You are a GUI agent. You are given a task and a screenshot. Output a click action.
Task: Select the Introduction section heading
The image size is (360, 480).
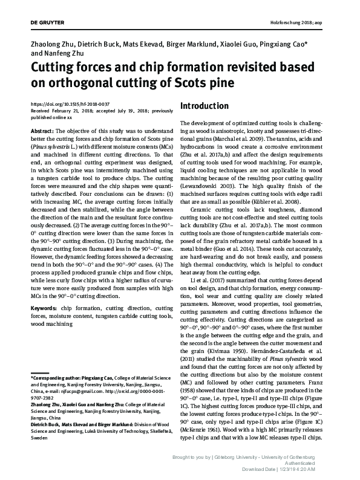point(205,106)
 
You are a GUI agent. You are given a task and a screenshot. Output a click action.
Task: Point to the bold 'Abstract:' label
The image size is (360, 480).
point(42,130)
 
